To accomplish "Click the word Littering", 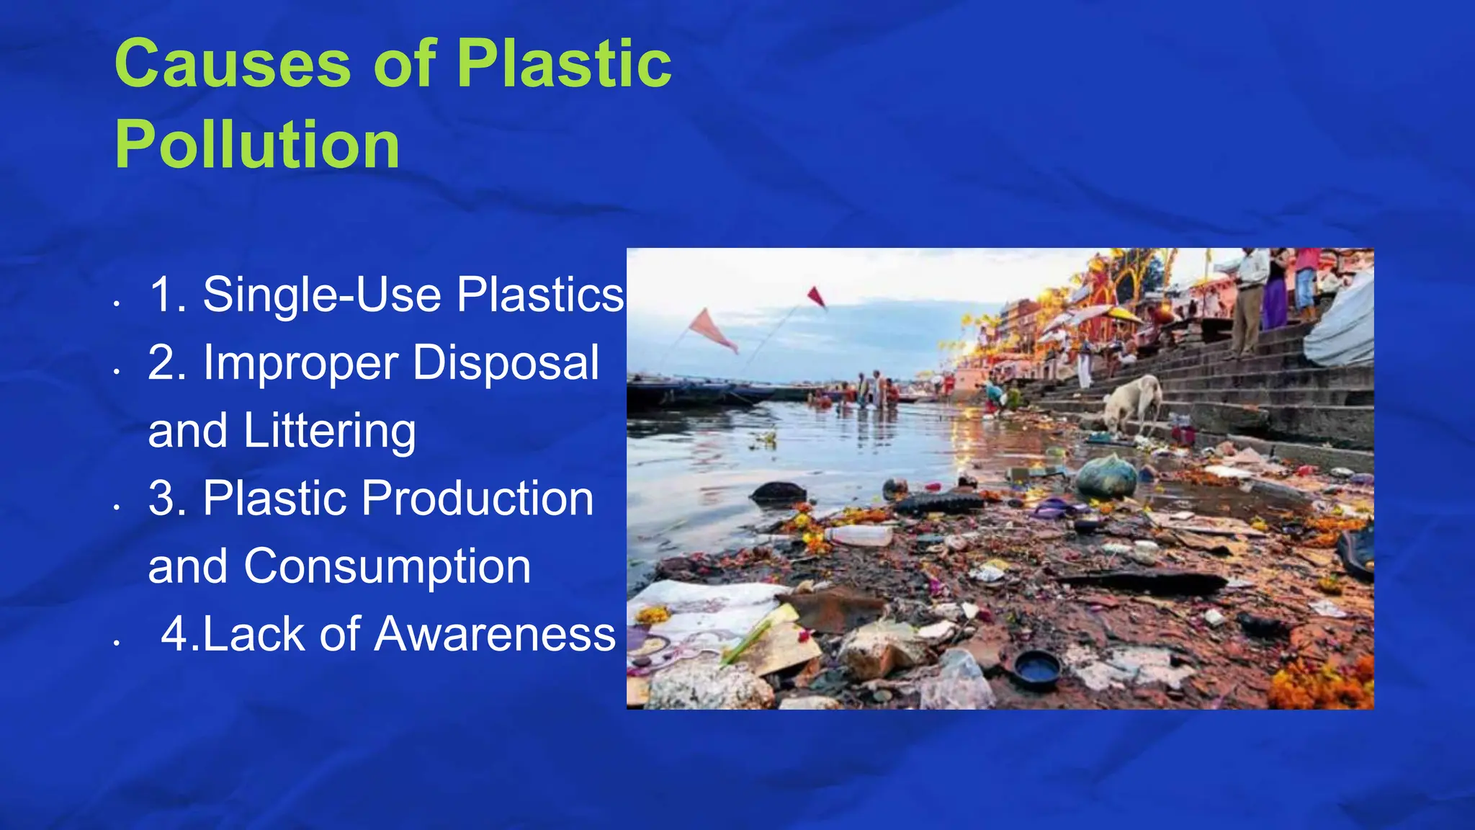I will tap(329, 431).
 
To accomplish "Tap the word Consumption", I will tap(387, 566).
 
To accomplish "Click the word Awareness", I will tap(495, 634).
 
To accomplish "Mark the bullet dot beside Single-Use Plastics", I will tap(116, 304).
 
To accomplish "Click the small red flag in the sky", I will tap(816, 295).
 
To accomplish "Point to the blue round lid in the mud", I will tap(1036, 668).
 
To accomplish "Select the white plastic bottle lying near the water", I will tap(858, 535).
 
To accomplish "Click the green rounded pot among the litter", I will tap(1106, 477).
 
